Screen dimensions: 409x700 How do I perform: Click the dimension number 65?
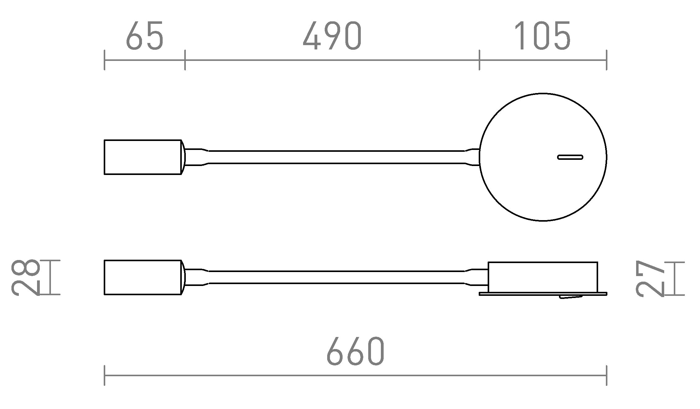click(144, 36)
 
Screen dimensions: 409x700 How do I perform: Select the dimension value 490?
click(332, 36)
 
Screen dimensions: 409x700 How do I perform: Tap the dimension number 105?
click(542, 36)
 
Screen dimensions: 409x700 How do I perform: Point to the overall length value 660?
click(355, 351)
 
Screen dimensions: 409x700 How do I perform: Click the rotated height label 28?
click(25, 277)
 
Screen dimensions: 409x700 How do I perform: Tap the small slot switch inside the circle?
click(570, 157)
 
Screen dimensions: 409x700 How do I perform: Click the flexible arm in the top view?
click(336, 157)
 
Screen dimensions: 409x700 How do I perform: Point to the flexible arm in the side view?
click(336, 277)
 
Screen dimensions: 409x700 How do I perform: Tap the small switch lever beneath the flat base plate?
click(571, 297)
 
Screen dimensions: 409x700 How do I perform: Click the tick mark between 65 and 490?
click(185, 60)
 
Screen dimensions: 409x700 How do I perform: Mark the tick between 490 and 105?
click(479, 60)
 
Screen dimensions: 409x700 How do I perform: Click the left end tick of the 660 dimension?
click(105, 375)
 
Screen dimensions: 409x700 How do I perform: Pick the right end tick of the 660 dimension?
click(606, 375)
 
